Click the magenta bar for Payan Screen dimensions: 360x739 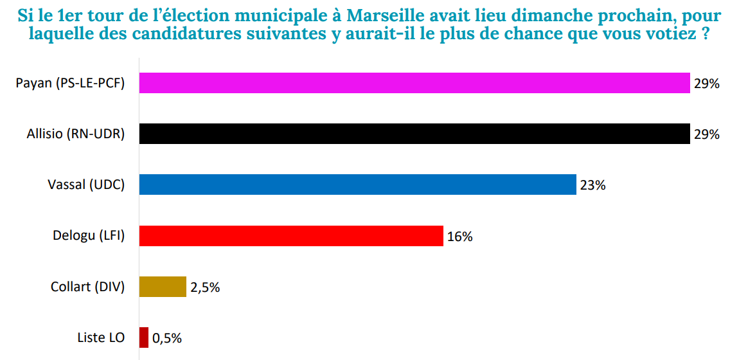coord(414,83)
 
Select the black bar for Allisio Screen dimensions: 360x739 coord(414,134)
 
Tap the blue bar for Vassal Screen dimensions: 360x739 coord(357,184)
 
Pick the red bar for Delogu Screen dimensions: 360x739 coord(291,236)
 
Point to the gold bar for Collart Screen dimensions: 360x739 coord(163,287)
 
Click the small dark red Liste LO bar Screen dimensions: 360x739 coord(144,337)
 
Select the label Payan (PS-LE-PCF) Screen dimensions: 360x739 coord(70,83)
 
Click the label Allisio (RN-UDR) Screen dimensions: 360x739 coord(76,134)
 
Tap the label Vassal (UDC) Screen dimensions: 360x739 coord(86,184)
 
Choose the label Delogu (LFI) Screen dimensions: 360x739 coord(89,236)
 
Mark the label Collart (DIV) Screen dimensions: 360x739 coord(87,287)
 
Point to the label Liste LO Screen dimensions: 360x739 coord(101,337)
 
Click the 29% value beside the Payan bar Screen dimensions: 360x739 coord(706,84)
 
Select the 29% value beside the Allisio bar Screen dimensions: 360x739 coord(706,134)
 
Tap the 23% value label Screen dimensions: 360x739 coord(592,185)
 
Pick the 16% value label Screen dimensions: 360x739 coord(459,237)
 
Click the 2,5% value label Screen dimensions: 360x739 coord(205,287)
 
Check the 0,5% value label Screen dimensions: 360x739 coord(167,338)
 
